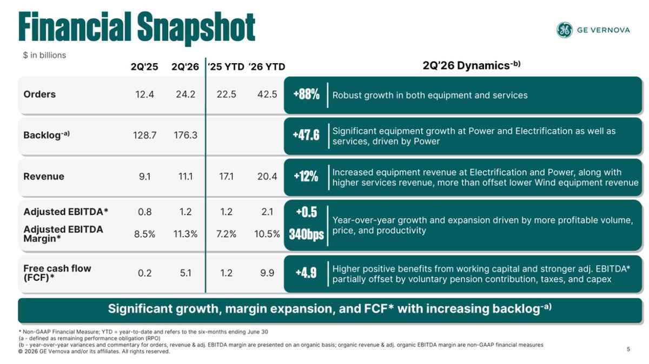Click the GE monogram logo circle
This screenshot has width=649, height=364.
click(x=565, y=30)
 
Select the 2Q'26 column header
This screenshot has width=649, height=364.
click(x=185, y=67)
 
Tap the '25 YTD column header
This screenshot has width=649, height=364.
click(x=226, y=67)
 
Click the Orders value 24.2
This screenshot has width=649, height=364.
click(x=186, y=95)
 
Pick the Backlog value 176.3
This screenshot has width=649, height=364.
click(x=186, y=135)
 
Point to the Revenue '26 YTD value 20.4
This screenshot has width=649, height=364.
click(x=267, y=177)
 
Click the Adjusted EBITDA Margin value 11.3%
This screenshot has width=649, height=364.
click(x=186, y=234)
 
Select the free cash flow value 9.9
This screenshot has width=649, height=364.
click(x=267, y=273)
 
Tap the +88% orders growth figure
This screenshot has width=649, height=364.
click(x=306, y=95)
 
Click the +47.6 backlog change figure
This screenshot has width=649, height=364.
click(x=306, y=135)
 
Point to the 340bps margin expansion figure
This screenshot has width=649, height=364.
click(x=306, y=234)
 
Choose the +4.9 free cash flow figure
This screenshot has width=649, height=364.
click(x=306, y=273)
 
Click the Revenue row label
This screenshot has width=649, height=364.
click(x=44, y=177)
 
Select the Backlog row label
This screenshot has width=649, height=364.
click(x=47, y=135)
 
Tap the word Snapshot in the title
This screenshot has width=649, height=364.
click(x=196, y=28)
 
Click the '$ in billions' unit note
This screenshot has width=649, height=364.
click(x=44, y=55)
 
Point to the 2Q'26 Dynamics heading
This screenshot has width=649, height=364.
click(x=472, y=65)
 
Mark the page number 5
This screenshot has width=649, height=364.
click(x=628, y=349)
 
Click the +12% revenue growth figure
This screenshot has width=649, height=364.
click(x=306, y=177)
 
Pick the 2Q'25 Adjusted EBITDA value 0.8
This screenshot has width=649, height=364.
click(x=144, y=212)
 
